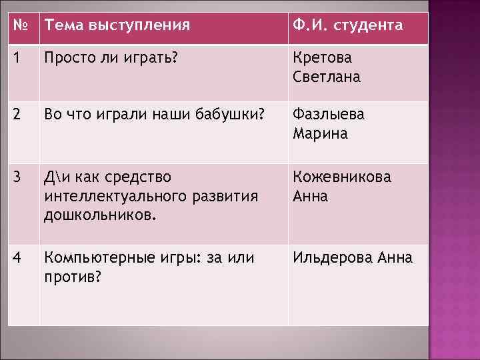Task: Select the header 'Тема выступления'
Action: [x=117, y=26]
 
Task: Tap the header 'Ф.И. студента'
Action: [x=347, y=26]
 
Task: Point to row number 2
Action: [x=17, y=114]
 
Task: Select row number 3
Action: [x=17, y=177]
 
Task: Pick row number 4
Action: [x=17, y=257]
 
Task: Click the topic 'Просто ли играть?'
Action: [x=111, y=58]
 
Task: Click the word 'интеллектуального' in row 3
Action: [x=109, y=197]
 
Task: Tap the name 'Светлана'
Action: [x=326, y=77]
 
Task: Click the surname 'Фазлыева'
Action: [x=328, y=114]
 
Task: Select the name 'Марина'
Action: [x=320, y=133]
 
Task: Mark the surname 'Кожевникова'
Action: [x=342, y=177]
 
